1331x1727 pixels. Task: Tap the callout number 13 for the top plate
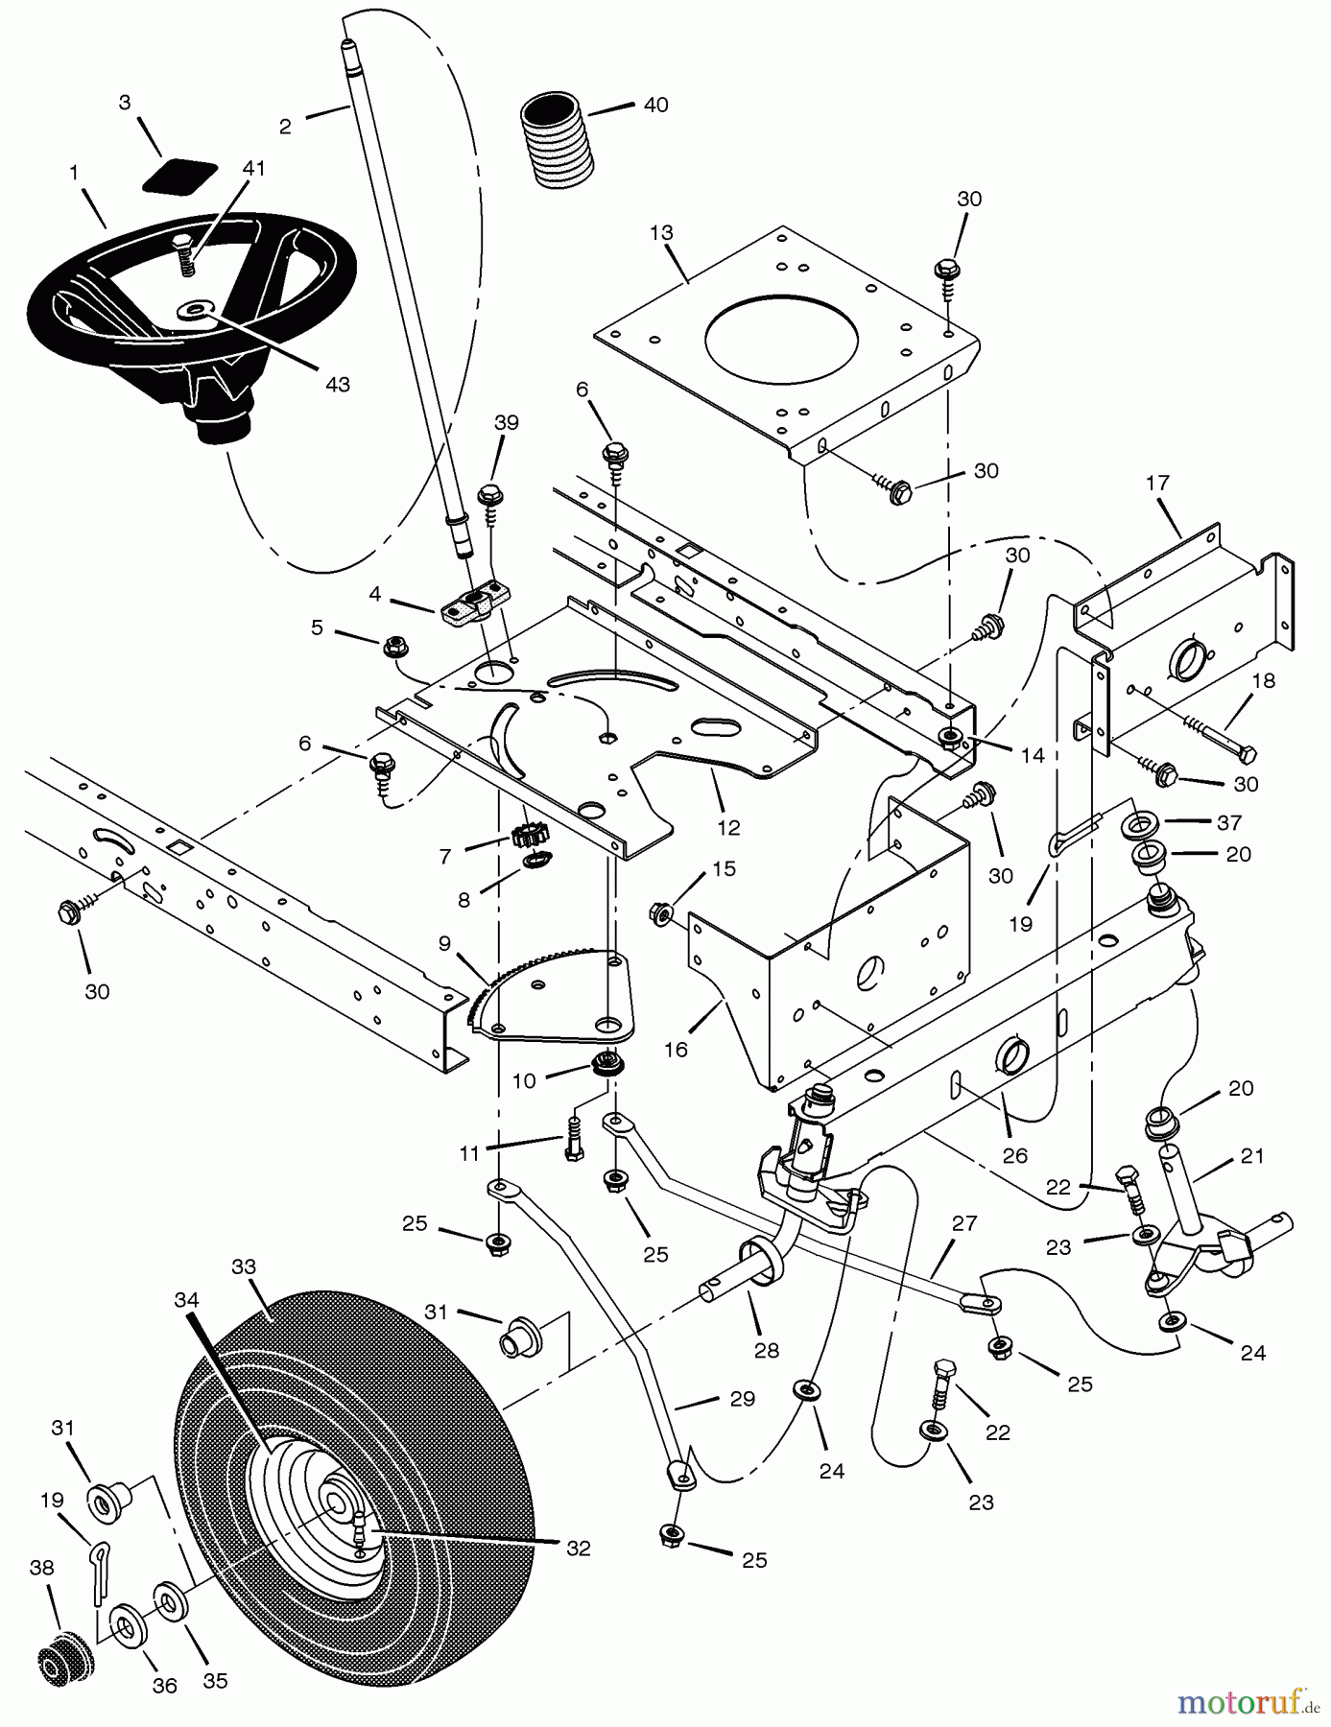pyautogui.click(x=661, y=232)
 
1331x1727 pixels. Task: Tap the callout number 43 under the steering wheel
pyautogui.click(x=337, y=385)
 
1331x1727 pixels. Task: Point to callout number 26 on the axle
pyautogui.click(x=1014, y=1155)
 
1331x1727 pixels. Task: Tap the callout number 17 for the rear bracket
pyautogui.click(x=1157, y=483)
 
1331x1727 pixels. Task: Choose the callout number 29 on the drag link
pyautogui.click(x=742, y=1399)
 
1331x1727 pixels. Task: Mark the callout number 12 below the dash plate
pyautogui.click(x=728, y=827)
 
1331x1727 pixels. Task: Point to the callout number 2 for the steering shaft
pyautogui.click(x=285, y=127)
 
